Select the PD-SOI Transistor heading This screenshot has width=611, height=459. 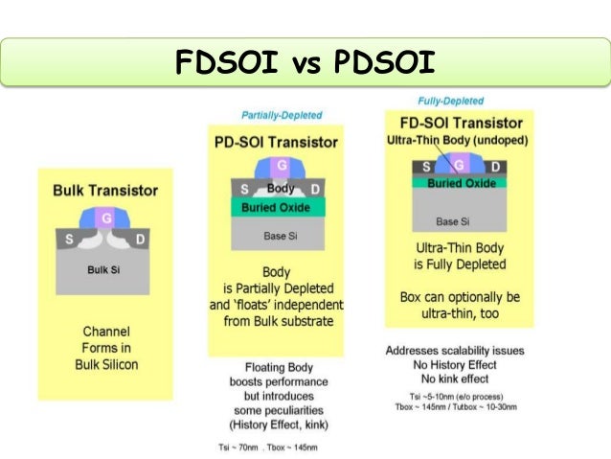click(x=275, y=142)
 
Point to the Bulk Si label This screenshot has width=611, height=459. click(x=103, y=269)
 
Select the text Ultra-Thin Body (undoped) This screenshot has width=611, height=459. click(x=449, y=141)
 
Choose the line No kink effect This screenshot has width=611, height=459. click(x=453, y=379)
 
